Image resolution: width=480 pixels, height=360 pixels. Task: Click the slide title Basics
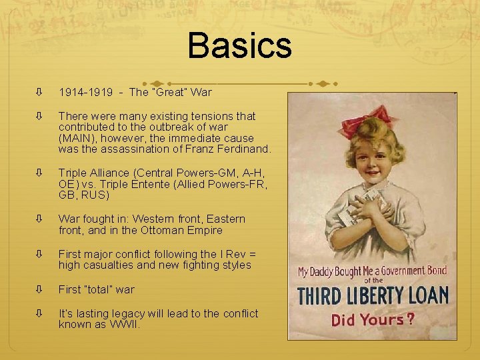pos(239,46)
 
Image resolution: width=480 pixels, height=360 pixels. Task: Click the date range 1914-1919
pos(83,92)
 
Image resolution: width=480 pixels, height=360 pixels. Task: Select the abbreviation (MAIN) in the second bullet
pos(77,138)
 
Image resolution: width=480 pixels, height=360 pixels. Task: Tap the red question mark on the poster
pos(411,319)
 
